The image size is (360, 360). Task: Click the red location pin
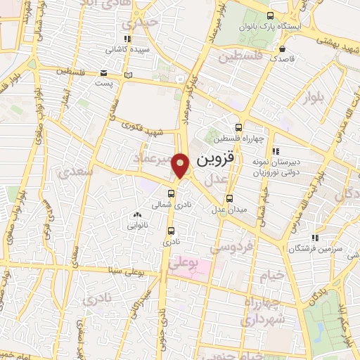[181, 165]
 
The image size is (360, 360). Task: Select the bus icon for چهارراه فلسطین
[238, 128]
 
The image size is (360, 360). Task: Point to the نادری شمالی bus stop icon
[171, 195]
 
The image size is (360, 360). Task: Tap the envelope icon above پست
[104, 72]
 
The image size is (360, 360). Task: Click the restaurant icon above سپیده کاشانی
[127, 39]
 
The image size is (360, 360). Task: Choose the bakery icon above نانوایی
[136, 214]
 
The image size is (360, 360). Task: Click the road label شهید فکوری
[143, 131]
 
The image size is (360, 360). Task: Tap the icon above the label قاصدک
[282, 49]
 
